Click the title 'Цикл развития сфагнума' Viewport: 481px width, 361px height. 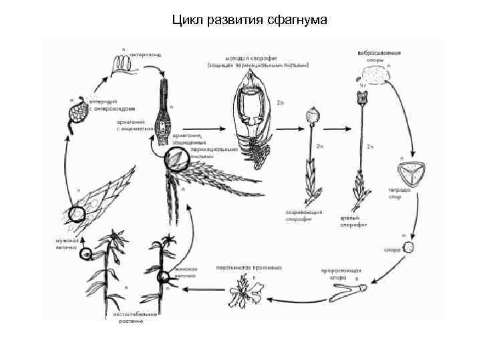(x=249, y=20)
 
